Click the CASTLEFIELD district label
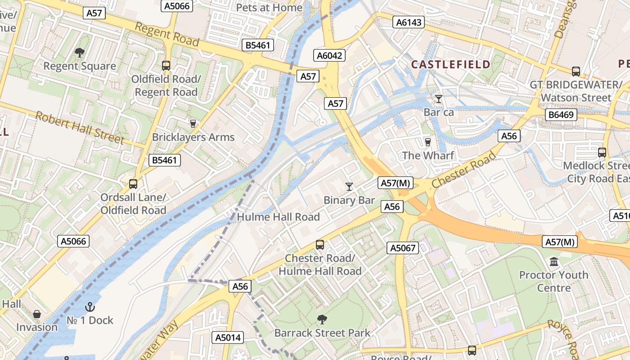point(450,64)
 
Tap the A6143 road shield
point(409,22)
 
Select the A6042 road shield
point(329,55)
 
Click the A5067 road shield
point(402,247)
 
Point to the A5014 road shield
point(228,337)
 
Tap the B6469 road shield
point(561,115)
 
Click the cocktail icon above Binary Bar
point(349,186)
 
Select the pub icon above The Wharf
point(427,142)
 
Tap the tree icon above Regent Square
point(80,53)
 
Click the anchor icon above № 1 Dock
point(90,307)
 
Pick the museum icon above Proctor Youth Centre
point(554,261)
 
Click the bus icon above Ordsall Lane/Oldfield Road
point(133,184)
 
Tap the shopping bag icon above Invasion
point(37,314)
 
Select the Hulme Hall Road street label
point(278,217)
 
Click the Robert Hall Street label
point(80,128)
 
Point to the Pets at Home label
point(269,8)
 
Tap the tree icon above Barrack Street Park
point(322,319)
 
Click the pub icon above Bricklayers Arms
point(193,123)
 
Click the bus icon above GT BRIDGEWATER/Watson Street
point(576,71)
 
